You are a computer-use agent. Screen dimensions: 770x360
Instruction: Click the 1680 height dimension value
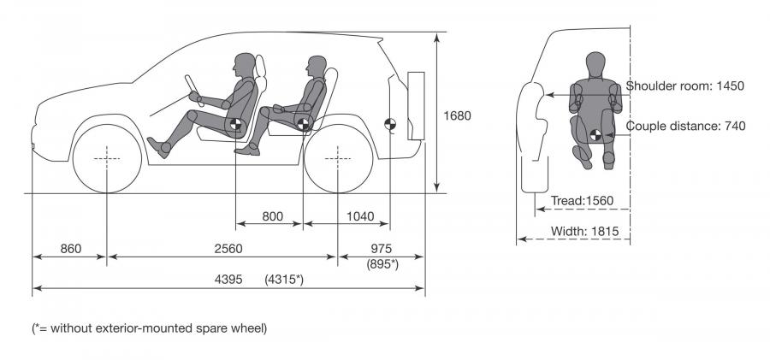(x=457, y=116)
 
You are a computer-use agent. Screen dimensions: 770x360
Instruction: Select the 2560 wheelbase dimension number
(x=228, y=249)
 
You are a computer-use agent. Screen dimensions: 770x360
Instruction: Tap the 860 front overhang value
(x=71, y=249)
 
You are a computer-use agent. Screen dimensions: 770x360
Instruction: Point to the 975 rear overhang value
(x=382, y=249)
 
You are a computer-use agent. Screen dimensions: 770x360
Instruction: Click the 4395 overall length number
(x=228, y=280)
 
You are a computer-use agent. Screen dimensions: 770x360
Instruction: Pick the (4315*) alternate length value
(x=284, y=280)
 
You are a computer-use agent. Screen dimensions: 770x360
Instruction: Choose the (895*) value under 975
(x=382, y=263)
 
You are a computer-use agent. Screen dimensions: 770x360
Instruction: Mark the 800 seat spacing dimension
(x=273, y=216)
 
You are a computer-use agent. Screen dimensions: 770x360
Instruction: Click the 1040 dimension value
(x=360, y=216)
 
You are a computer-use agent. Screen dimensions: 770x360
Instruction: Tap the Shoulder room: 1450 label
(x=685, y=86)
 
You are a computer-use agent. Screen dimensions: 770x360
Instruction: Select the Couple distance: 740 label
(x=685, y=127)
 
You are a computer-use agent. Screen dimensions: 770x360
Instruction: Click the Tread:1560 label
(x=583, y=200)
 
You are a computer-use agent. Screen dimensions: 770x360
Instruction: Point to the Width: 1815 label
(x=585, y=231)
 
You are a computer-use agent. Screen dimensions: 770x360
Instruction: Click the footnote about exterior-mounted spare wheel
(x=149, y=328)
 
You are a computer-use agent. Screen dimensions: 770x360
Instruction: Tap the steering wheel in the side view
(x=194, y=91)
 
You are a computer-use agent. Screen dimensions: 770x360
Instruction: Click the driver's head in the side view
(x=244, y=65)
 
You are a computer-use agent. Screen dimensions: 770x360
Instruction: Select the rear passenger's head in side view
(x=317, y=67)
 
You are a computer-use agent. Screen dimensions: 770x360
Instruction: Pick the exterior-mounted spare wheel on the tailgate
(x=416, y=106)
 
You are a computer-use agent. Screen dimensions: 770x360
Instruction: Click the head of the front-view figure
(x=595, y=63)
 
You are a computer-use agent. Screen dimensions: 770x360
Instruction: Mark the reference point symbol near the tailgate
(x=390, y=124)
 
